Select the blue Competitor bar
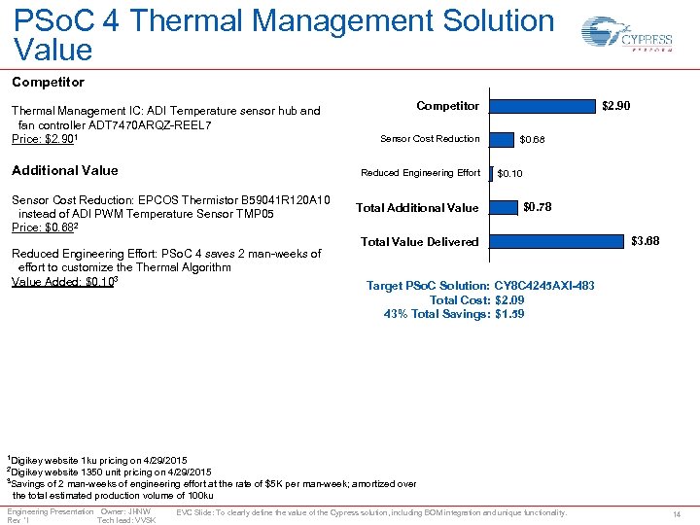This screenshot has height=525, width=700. [x=541, y=105]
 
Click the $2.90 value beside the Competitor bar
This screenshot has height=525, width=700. [x=615, y=105]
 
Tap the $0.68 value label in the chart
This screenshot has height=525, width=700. [x=532, y=140]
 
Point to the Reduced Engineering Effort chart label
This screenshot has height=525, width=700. [x=420, y=173]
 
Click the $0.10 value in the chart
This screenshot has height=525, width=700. [x=509, y=174]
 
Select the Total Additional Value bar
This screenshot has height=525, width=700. [x=503, y=207]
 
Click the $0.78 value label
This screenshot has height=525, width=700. [x=537, y=206]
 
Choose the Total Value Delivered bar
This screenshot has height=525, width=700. [x=554, y=241]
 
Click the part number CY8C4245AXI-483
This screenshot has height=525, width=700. [x=544, y=286]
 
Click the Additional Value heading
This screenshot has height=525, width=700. [x=64, y=170]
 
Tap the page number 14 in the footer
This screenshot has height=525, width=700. [x=677, y=512]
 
